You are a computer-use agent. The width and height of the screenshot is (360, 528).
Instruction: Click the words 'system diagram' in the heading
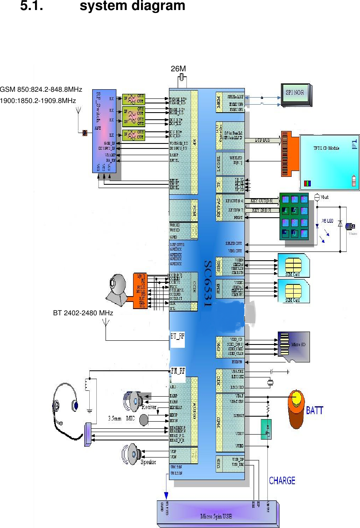pos(132,6)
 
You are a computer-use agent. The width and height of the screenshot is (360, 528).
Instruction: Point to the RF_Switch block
pos(104,131)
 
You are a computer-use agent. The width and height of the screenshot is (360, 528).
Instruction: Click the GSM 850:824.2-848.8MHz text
pos(41,90)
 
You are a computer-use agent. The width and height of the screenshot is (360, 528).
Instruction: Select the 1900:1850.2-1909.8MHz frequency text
pos(38,101)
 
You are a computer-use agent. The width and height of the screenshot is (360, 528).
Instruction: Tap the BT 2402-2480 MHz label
pos(83,312)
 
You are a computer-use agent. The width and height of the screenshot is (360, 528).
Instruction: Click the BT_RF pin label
pos(177,335)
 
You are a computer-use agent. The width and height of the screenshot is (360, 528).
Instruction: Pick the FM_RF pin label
pos(178,370)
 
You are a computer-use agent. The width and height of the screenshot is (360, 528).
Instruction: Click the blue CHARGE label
pos(282,481)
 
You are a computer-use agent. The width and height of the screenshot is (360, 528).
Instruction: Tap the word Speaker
pos(148,462)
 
